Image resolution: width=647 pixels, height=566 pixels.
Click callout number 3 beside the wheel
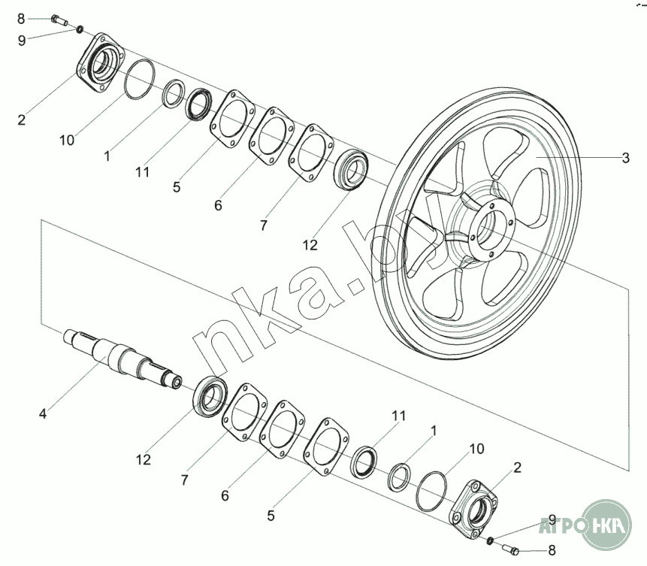tap(625, 158)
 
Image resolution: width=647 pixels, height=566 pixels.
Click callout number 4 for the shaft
tap(43, 413)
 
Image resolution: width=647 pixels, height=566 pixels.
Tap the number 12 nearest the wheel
tap(310, 245)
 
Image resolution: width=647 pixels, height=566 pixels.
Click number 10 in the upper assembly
tap(68, 140)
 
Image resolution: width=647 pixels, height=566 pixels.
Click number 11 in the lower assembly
tap(398, 416)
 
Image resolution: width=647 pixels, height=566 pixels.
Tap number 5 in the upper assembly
tap(176, 187)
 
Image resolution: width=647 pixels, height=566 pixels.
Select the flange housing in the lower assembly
tap(472, 509)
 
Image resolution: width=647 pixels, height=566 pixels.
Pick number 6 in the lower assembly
tap(225, 496)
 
